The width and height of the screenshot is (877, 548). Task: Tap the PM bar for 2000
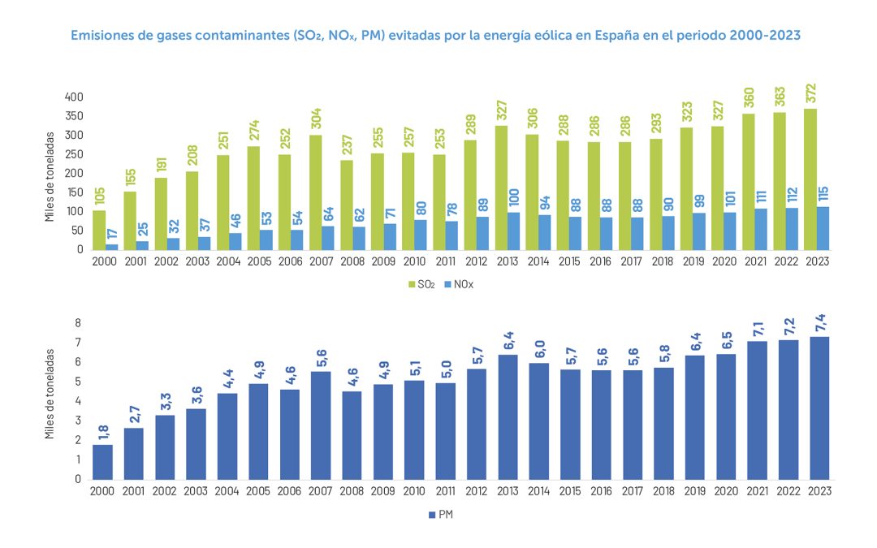[x=102, y=462]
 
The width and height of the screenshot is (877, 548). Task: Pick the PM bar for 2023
[x=819, y=408]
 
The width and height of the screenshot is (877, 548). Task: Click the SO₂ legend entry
[x=422, y=285]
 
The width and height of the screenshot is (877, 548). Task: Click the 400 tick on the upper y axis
[x=74, y=97]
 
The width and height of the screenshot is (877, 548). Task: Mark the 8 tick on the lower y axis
[x=79, y=323]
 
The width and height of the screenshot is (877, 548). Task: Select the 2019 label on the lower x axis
[x=695, y=490]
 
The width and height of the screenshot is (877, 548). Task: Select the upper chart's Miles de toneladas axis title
[x=50, y=175]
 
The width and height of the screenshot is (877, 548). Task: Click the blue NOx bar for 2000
[x=111, y=247]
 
